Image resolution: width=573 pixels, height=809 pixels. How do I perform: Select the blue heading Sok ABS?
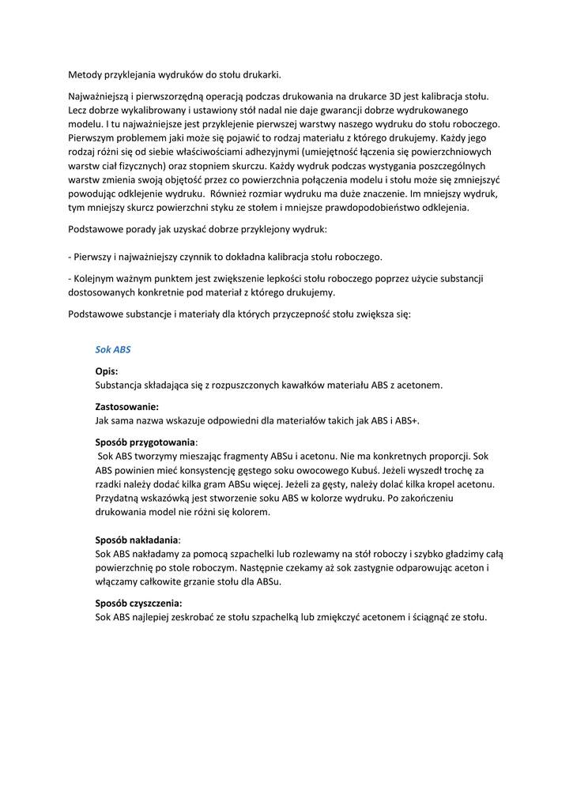tap(112, 348)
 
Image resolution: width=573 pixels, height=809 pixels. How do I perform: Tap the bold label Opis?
tap(107, 371)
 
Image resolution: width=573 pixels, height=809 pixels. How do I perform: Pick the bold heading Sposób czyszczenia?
tap(138, 604)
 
